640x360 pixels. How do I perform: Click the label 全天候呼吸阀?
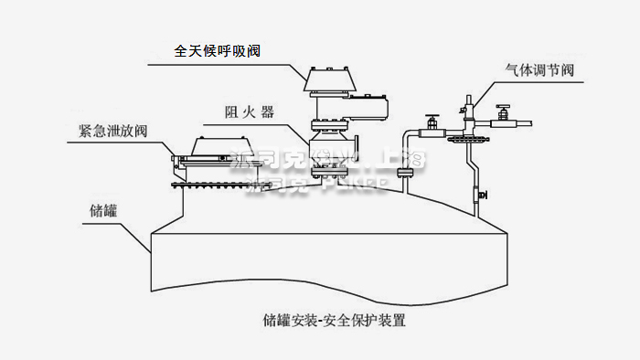[x=218, y=51]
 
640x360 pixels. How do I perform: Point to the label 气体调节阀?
[x=539, y=70]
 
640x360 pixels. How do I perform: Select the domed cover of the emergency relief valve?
[x=219, y=146]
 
